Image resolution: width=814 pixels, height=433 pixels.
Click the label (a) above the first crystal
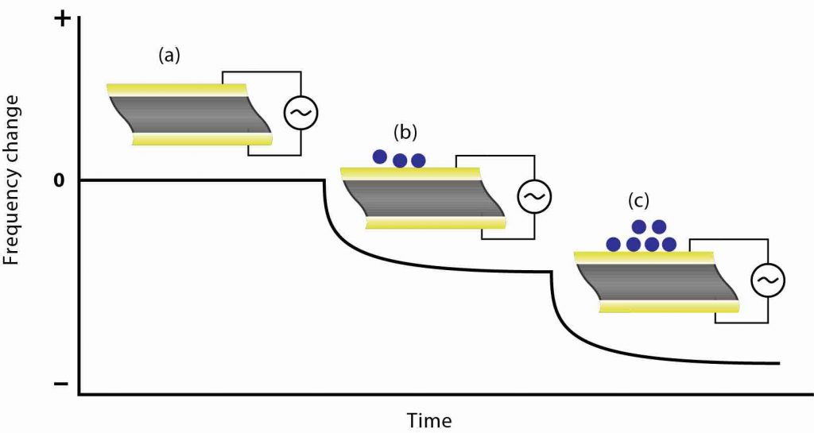point(169,55)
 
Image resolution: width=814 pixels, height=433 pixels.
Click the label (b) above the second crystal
point(405,132)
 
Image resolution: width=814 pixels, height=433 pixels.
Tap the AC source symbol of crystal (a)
point(301,114)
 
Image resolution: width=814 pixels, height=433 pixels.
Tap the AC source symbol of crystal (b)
point(533,195)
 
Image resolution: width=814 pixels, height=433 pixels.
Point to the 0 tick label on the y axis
point(59,181)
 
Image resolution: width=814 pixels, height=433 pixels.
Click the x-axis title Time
point(429,419)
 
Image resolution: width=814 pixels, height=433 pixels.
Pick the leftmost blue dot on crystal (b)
point(380,157)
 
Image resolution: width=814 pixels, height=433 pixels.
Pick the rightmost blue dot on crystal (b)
point(418,160)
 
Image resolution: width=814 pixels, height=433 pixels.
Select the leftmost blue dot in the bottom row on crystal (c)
point(614,243)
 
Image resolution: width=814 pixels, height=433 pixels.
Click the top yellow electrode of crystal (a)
point(179,89)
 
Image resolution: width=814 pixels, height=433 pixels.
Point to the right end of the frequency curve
point(778,363)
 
